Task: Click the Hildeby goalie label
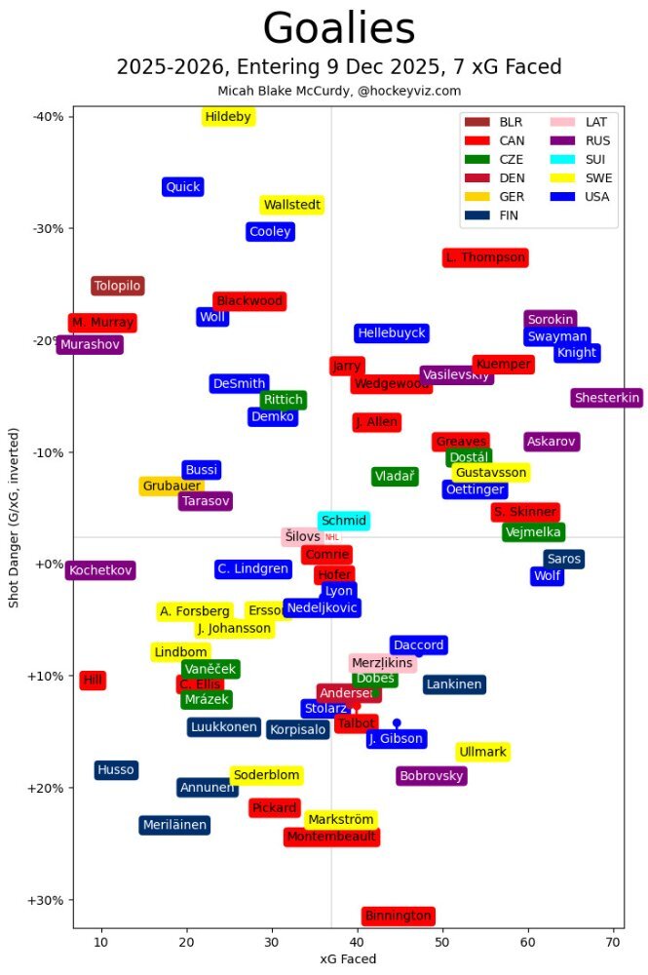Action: (228, 117)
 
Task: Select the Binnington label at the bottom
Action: (398, 916)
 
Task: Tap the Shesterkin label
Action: (607, 398)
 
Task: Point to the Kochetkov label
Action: (101, 570)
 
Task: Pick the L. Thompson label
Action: (485, 258)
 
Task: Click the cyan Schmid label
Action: (344, 521)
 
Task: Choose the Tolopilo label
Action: (118, 286)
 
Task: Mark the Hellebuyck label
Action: (392, 333)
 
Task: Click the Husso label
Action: (115, 770)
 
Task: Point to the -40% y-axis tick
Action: (48, 117)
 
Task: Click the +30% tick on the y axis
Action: (48, 900)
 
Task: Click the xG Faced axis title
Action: (348, 959)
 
